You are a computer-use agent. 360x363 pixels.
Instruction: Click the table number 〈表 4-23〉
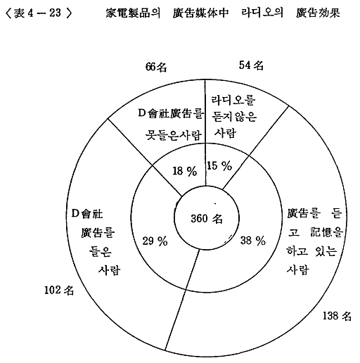coord(39,13)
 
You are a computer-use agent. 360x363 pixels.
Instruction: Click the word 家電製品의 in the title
coord(133,13)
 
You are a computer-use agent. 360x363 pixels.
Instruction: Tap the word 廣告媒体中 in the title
coord(200,13)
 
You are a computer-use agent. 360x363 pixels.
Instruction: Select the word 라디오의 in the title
coord(262,13)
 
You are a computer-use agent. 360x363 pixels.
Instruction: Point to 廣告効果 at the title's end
coord(318,13)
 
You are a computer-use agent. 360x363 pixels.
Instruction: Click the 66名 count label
coord(156,67)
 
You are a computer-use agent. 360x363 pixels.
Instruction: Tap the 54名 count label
coord(251,65)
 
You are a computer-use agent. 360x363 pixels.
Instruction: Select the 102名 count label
coord(59,291)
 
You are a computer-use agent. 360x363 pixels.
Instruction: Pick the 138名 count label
coord(337,316)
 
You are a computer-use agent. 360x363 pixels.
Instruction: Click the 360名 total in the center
coord(207,219)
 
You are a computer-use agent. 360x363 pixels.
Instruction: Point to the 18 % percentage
coord(185,171)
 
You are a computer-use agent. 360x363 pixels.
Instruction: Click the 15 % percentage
coord(219,166)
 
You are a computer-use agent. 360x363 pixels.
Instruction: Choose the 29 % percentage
coord(155,241)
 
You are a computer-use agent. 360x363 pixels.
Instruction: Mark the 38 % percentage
coord(253,241)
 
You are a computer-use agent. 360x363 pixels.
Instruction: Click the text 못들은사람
coord(173,135)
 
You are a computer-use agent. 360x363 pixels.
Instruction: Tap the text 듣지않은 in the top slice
coord(234,116)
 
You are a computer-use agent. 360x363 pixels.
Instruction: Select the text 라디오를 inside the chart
coord(233,100)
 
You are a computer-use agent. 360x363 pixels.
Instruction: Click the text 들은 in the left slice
coord(101,251)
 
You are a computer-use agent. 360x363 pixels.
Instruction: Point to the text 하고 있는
coord(311,251)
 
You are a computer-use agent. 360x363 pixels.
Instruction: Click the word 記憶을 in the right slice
coord(326,232)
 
